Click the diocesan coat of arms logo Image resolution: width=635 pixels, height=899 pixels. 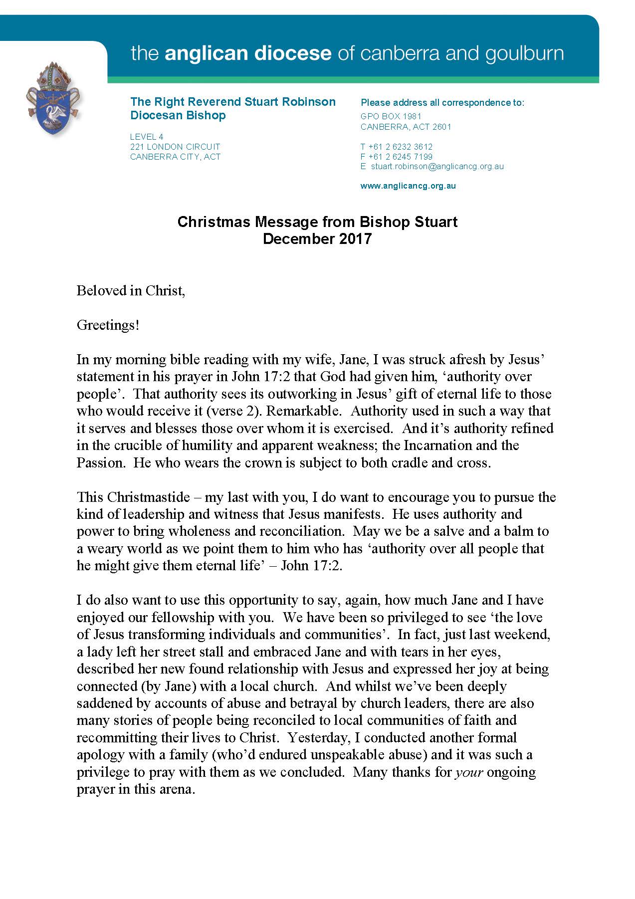pyautogui.click(x=54, y=100)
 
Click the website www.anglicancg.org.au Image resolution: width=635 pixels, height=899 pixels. pyautogui.click(x=408, y=186)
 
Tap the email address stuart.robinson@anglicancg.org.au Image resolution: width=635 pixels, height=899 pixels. pyautogui.click(x=437, y=167)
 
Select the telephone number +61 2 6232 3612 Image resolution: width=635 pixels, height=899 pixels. pyautogui.click(x=400, y=147)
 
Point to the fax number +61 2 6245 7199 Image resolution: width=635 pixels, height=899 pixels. pyautogui.click(x=400, y=157)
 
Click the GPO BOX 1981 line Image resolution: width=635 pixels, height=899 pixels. pyautogui.click(x=391, y=117)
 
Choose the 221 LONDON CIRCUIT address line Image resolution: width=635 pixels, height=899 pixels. pyautogui.click(x=175, y=147)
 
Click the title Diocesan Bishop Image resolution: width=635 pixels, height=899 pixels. pyautogui.click(x=178, y=115)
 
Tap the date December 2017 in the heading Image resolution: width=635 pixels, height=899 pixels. pyautogui.click(x=317, y=239)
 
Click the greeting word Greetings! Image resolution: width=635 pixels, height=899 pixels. pyautogui.click(x=108, y=325)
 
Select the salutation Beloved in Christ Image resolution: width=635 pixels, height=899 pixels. pyautogui.click(x=131, y=291)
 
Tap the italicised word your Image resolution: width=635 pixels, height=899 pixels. pyautogui.click(x=469, y=772)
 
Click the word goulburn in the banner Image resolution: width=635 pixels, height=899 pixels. pyautogui.click(x=523, y=53)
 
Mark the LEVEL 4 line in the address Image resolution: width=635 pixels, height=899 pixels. pyautogui.click(x=147, y=137)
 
